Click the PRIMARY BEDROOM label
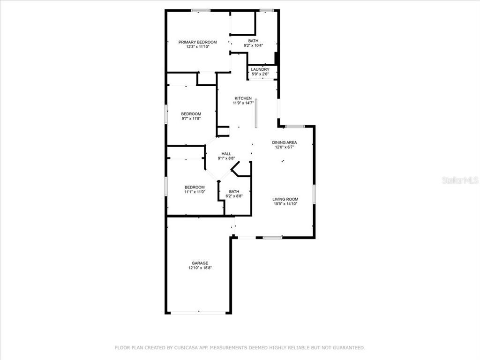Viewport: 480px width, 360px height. (197, 42)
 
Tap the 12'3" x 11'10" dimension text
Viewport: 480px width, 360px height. (197, 47)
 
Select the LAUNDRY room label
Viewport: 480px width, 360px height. (260, 69)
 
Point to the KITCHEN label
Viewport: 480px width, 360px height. (244, 98)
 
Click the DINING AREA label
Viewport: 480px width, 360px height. (285, 142)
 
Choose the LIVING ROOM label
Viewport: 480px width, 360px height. (285, 199)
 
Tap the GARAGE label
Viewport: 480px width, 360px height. (200, 263)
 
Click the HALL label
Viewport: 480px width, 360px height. (226, 154)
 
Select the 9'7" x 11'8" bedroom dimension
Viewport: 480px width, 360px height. (191, 119)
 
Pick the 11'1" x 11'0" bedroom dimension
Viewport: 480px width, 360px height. (195, 192)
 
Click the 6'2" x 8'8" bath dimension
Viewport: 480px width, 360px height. (234, 196)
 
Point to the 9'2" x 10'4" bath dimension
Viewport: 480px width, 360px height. (253, 45)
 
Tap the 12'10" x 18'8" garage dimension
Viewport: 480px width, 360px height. (200, 268)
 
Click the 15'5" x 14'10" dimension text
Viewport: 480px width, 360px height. (285, 204)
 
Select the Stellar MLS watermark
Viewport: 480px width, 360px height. (459, 180)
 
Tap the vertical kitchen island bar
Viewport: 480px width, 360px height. (256, 113)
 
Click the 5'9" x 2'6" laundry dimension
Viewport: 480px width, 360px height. (260, 74)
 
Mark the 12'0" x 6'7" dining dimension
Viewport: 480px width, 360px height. (285, 147)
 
